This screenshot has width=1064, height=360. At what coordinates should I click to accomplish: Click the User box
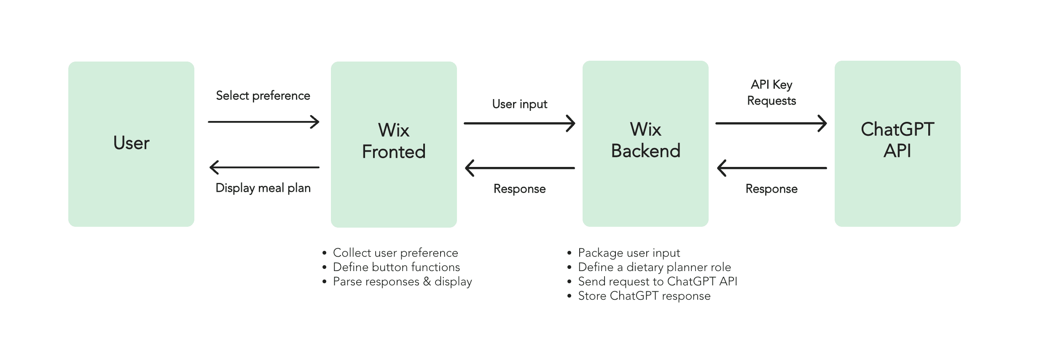click(x=131, y=144)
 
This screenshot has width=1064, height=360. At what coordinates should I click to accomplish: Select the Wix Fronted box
click(x=394, y=145)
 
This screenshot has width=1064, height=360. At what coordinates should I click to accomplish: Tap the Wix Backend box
click(x=645, y=144)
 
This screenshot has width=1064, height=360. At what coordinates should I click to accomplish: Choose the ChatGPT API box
click(x=897, y=144)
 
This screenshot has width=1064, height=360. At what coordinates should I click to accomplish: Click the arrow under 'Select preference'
click(x=264, y=122)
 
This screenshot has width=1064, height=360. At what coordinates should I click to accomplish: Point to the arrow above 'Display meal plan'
click(x=264, y=167)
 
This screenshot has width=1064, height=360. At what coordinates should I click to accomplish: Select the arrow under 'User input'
click(x=520, y=124)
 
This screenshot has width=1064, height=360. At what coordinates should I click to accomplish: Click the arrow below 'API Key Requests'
click(x=771, y=124)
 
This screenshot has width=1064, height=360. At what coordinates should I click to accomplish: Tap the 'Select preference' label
click(x=263, y=96)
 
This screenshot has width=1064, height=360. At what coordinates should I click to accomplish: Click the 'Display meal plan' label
click(x=263, y=188)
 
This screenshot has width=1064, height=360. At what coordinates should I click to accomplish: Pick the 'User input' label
click(x=520, y=104)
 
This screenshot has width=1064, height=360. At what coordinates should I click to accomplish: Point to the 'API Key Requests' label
click(x=771, y=93)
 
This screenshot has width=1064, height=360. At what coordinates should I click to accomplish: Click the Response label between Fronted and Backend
click(x=520, y=189)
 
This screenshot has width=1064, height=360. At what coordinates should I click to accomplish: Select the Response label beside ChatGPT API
click(x=771, y=189)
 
